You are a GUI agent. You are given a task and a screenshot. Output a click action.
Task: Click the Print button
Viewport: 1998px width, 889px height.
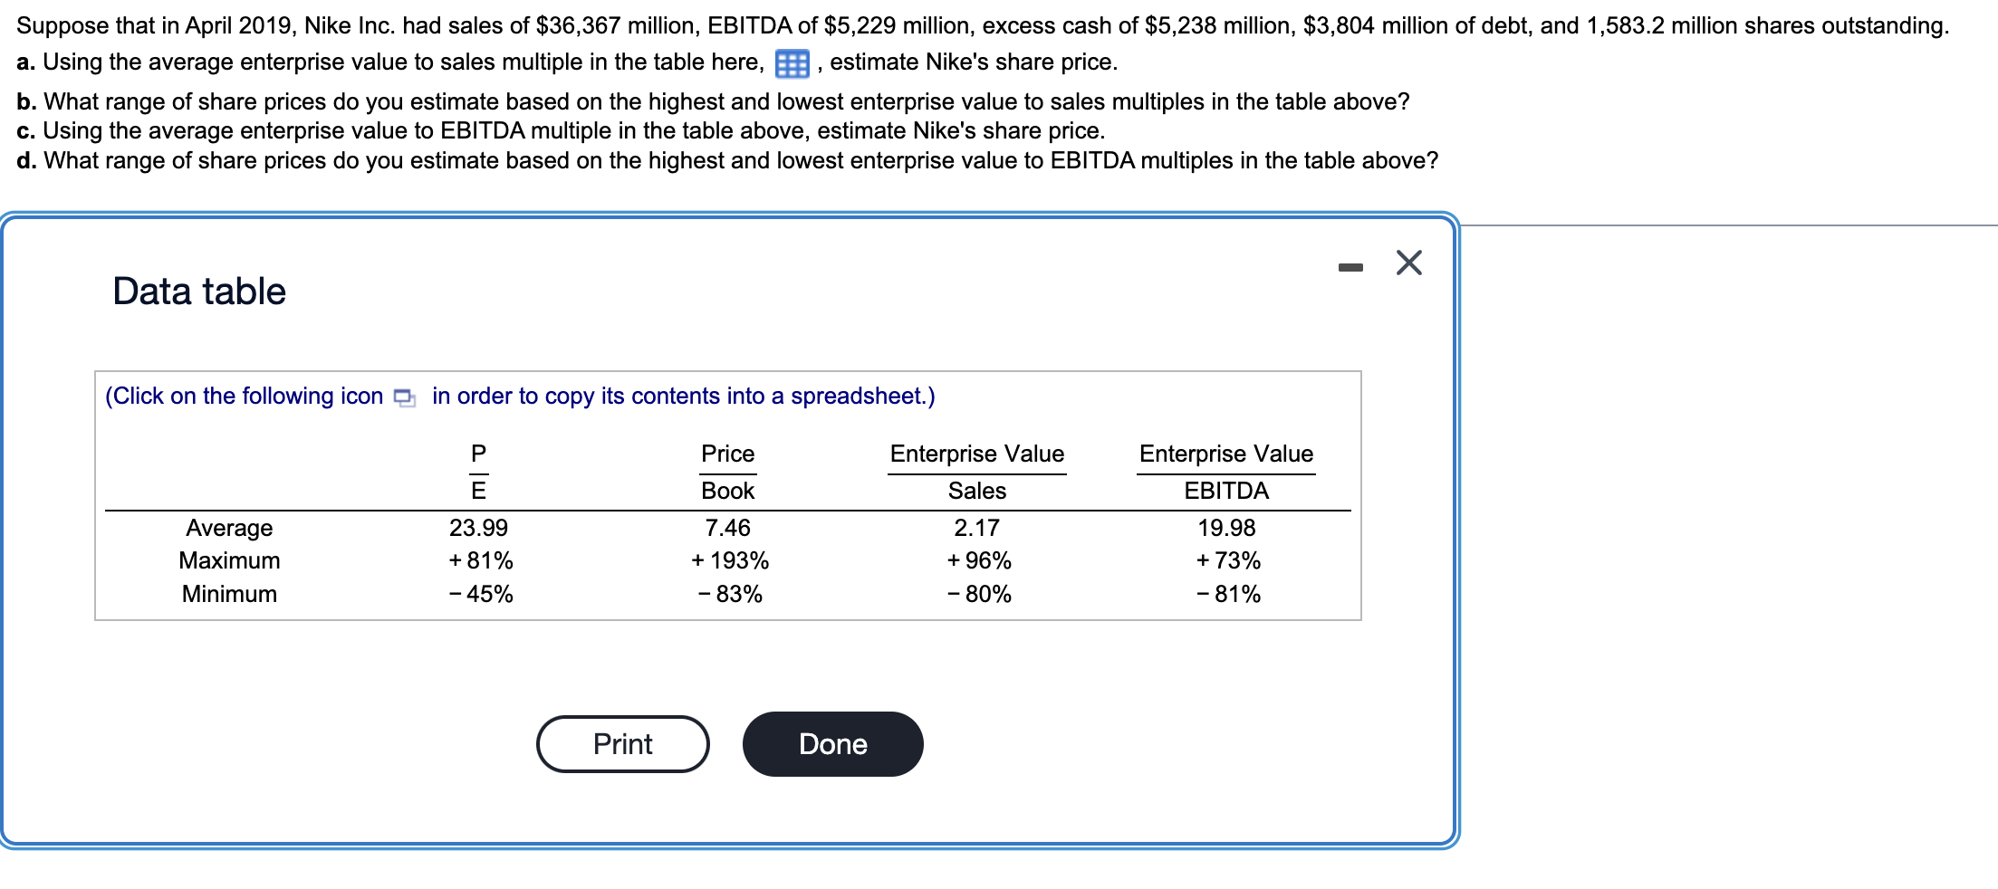pyautogui.click(x=622, y=744)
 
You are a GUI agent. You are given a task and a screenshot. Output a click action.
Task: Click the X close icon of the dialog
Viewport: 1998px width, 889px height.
pyautogui.click(x=1408, y=263)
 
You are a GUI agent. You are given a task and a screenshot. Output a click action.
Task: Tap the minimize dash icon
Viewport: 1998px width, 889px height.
pyautogui.click(x=1350, y=267)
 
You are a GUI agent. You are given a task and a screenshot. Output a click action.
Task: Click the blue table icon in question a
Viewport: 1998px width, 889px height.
pyautogui.click(x=792, y=64)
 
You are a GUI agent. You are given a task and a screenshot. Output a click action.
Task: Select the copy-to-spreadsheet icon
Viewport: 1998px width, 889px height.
pyautogui.click(x=405, y=397)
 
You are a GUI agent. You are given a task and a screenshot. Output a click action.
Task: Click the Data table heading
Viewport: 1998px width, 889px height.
pyautogui.click(x=199, y=292)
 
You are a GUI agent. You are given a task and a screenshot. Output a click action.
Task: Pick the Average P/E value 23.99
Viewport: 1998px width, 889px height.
pyautogui.click(x=478, y=528)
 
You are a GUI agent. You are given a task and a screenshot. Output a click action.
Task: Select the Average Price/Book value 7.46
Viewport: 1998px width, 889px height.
pyautogui.click(x=727, y=528)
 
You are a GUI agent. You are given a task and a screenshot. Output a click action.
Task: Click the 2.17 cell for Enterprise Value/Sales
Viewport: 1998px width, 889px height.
pyautogui.click(x=976, y=528)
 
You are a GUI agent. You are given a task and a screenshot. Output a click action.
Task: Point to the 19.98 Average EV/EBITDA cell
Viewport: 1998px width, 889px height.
pyautogui.click(x=1226, y=528)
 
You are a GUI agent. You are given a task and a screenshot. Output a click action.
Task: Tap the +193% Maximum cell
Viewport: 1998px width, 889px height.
pyautogui.click(x=729, y=561)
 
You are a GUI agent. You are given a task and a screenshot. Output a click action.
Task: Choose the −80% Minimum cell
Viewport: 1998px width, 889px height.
pyautogui.click(x=979, y=595)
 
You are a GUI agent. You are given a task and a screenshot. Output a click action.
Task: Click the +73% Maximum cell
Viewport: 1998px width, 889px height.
pyautogui.click(x=1228, y=561)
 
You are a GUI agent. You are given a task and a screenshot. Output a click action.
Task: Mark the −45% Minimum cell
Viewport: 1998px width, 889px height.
pyautogui.click(x=481, y=595)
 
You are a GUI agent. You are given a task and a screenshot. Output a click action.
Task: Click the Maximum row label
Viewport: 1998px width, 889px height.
pyautogui.click(x=229, y=561)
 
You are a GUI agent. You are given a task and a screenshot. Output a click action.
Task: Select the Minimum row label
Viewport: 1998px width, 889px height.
pyautogui.click(x=229, y=595)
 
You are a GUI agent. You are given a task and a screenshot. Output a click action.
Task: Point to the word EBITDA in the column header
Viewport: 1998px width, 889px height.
pyautogui.click(x=1226, y=491)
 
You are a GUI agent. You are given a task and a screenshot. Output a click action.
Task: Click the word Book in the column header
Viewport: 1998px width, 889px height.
pyautogui.click(x=727, y=491)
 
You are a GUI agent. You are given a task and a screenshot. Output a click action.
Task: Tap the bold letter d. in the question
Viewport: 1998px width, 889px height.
pyautogui.click(x=26, y=161)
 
